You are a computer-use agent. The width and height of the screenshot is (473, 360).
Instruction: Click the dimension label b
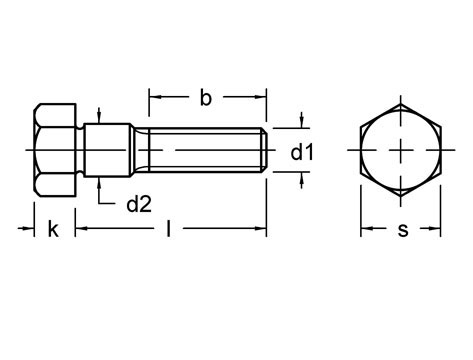tap(205, 98)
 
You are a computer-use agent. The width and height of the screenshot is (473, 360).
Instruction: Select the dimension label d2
tap(138, 205)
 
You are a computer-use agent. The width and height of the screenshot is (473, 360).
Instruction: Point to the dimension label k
tap(53, 230)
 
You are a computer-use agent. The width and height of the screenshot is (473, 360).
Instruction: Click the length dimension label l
tap(169, 230)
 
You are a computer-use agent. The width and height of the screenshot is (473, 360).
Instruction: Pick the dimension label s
tap(402, 230)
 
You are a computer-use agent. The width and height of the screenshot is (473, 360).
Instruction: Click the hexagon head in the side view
tap(58, 150)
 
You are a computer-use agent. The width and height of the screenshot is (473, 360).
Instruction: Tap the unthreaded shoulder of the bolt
tap(108, 150)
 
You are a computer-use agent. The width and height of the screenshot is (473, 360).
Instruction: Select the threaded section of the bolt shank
tap(200, 150)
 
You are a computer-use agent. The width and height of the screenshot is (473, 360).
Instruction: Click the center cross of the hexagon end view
tap(402, 150)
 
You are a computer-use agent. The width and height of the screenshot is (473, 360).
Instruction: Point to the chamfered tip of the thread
tap(264, 150)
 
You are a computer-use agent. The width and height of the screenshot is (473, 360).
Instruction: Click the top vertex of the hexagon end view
tap(402, 103)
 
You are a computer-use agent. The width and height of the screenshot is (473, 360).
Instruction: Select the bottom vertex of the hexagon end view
tap(402, 197)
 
